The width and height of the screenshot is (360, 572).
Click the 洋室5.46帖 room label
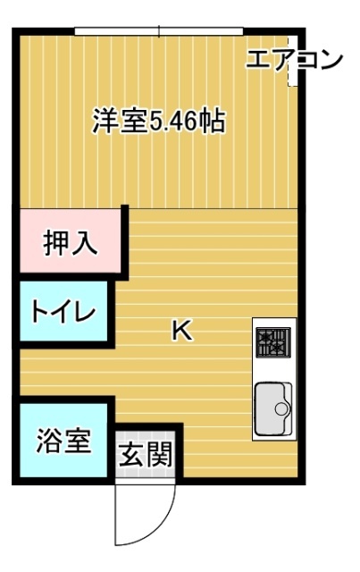tap(158, 122)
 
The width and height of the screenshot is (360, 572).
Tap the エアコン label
tap(293, 60)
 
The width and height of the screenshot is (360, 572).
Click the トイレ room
tap(63, 313)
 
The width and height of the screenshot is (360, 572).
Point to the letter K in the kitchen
tap(181, 331)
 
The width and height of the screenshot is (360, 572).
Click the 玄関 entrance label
tap(146, 456)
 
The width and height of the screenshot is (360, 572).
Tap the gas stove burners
tap(272, 341)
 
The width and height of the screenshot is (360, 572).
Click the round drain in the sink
tap(282, 410)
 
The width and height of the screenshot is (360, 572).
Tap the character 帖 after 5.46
tap(212, 122)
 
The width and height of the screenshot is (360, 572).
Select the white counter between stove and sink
tap(272, 369)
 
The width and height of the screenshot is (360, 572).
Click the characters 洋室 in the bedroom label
tap(118, 122)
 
